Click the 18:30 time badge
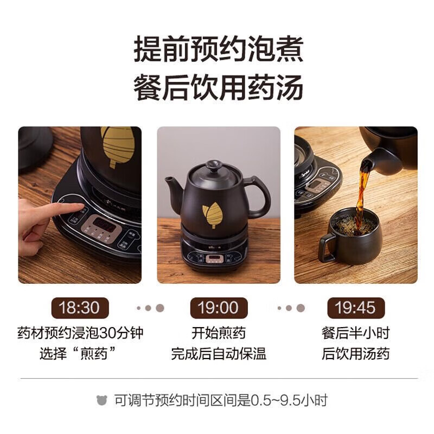[x=80, y=308]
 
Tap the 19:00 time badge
[x=218, y=308]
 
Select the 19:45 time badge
[x=355, y=308]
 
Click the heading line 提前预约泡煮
[x=218, y=50]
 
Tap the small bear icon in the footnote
[x=101, y=401]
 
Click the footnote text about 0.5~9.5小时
[x=221, y=401]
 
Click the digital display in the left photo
[x=105, y=223]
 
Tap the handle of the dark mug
[x=327, y=247]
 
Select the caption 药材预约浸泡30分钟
[x=80, y=333]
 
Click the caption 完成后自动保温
[x=218, y=354]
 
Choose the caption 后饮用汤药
[x=355, y=354]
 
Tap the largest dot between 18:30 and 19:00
[x=159, y=308]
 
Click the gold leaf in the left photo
[x=116, y=146]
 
